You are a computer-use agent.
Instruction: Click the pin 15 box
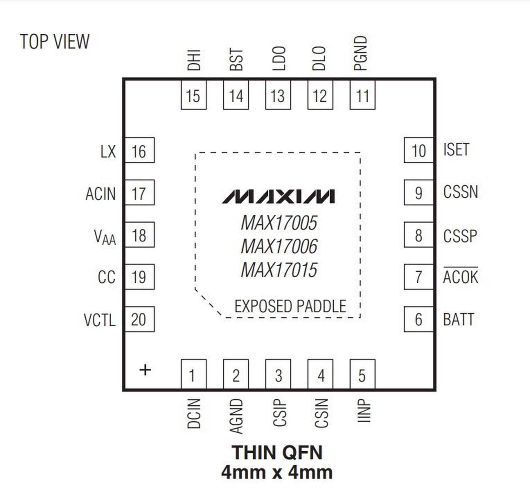[193, 95]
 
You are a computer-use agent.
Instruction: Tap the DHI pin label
[194, 60]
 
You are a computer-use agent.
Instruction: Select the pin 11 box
[362, 95]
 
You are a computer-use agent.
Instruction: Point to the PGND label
[360, 53]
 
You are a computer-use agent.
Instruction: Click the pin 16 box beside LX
[139, 150]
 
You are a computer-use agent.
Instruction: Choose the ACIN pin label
[101, 194]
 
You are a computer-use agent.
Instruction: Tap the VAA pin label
[105, 237]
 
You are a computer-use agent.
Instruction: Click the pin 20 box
[139, 319]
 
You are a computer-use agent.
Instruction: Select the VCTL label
[100, 320]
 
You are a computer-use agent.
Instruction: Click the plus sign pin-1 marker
[145, 370]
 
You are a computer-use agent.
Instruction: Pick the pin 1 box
[193, 374]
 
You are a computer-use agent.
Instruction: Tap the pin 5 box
[362, 374]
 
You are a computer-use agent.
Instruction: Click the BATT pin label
[458, 319]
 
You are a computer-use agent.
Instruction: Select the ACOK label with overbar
[460, 277]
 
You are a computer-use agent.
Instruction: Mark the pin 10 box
[418, 150]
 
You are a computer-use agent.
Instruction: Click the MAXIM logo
[278, 197]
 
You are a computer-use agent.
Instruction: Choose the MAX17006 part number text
[279, 246]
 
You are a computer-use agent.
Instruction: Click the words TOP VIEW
[55, 42]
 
